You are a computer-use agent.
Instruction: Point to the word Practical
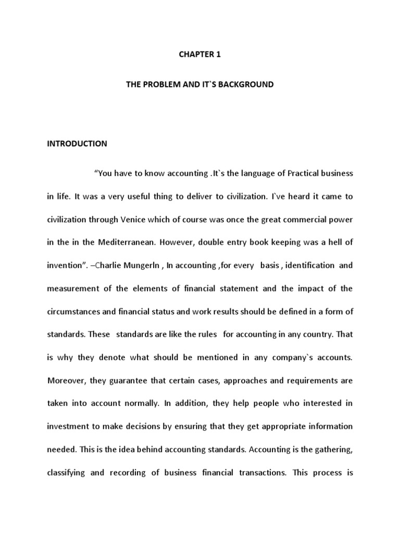pyautogui.click(x=284, y=173)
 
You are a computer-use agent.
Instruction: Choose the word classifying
pyautogui.click(x=70, y=473)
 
